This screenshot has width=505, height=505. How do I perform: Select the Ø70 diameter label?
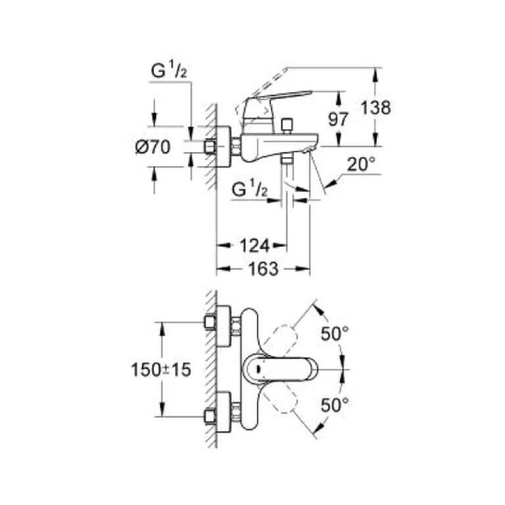153,147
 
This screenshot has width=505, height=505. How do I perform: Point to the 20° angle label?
359,165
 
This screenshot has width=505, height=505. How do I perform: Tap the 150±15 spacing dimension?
161,370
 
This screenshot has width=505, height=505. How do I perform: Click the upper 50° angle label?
334,334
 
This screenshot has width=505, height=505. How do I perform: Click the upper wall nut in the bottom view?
211,322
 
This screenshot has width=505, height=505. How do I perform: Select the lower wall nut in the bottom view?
211,416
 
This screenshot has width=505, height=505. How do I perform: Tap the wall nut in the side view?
210,147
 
